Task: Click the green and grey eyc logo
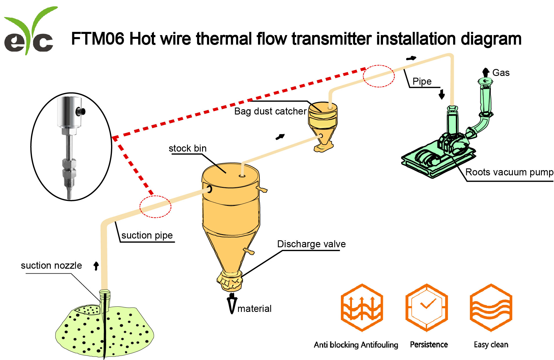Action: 29,32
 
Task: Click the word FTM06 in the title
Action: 98,39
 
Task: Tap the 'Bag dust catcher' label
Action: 270,111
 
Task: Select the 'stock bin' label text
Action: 188,148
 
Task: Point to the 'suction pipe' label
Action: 147,235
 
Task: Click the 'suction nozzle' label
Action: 51,266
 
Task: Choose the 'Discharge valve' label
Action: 311,244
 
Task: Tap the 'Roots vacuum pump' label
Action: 509,172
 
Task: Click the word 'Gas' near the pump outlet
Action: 501,73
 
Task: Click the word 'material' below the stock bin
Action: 254,309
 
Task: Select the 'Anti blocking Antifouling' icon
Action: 362,308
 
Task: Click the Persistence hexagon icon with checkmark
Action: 426,308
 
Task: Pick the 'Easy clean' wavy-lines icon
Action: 491,308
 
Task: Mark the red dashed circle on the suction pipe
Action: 155,207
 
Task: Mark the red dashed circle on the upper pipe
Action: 379,76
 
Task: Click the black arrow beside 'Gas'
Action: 486,72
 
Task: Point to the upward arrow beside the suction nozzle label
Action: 96,266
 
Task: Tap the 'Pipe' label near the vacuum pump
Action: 422,81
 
